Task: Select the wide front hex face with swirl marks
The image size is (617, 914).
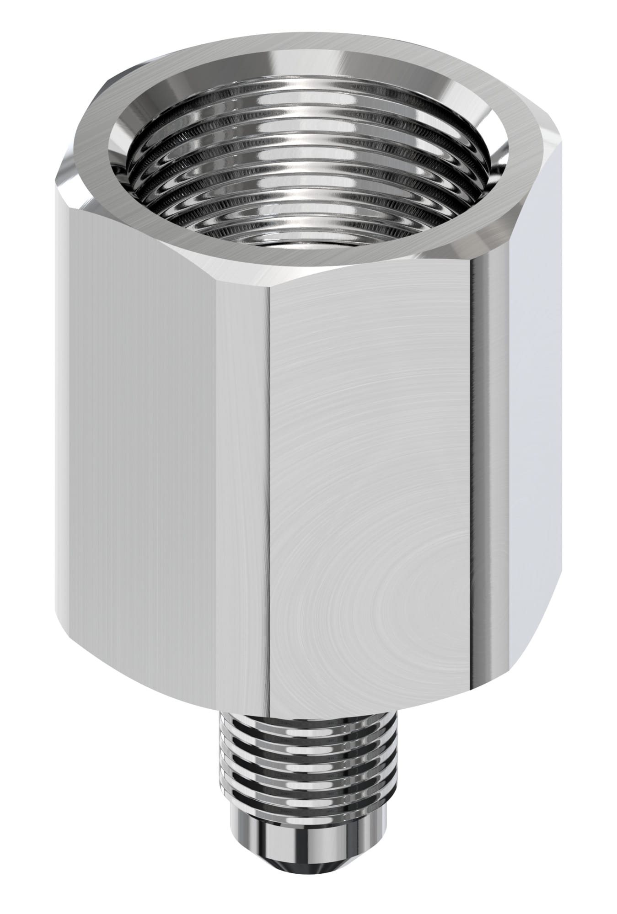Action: coord(366,457)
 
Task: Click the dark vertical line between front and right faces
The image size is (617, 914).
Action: coord(472,457)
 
